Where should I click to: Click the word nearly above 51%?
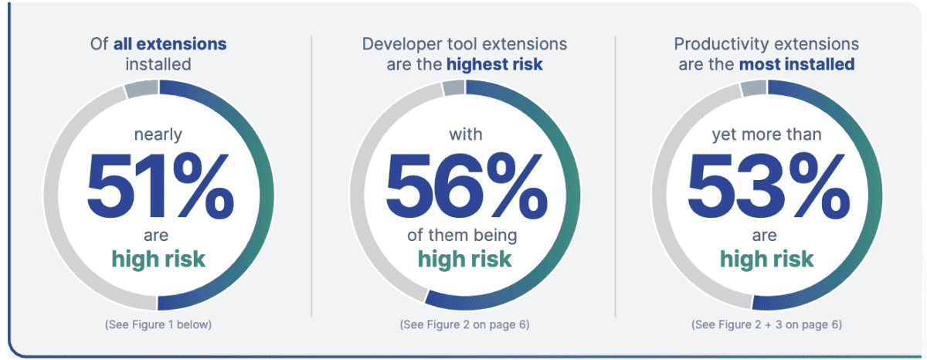pyautogui.click(x=158, y=134)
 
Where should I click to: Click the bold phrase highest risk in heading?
pyautogui.click(x=494, y=64)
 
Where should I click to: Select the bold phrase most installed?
pyautogui.click(x=796, y=64)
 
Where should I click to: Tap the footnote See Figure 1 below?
pyautogui.click(x=158, y=324)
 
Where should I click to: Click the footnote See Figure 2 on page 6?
pyautogui.click(x=465, y=324)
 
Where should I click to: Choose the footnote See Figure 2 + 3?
pyautogui.click(x=766, y=324)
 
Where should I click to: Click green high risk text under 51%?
pyautogui.click(x=158, y=258)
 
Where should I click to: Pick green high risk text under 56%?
pyautogui.click(x=465, y=258)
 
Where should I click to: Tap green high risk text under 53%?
pyautogui.click(x=766, y=258)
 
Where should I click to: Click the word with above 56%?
pyautogui.click(x=465, y=134)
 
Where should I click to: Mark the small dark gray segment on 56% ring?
pyautogui.click(x=453, y=88)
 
